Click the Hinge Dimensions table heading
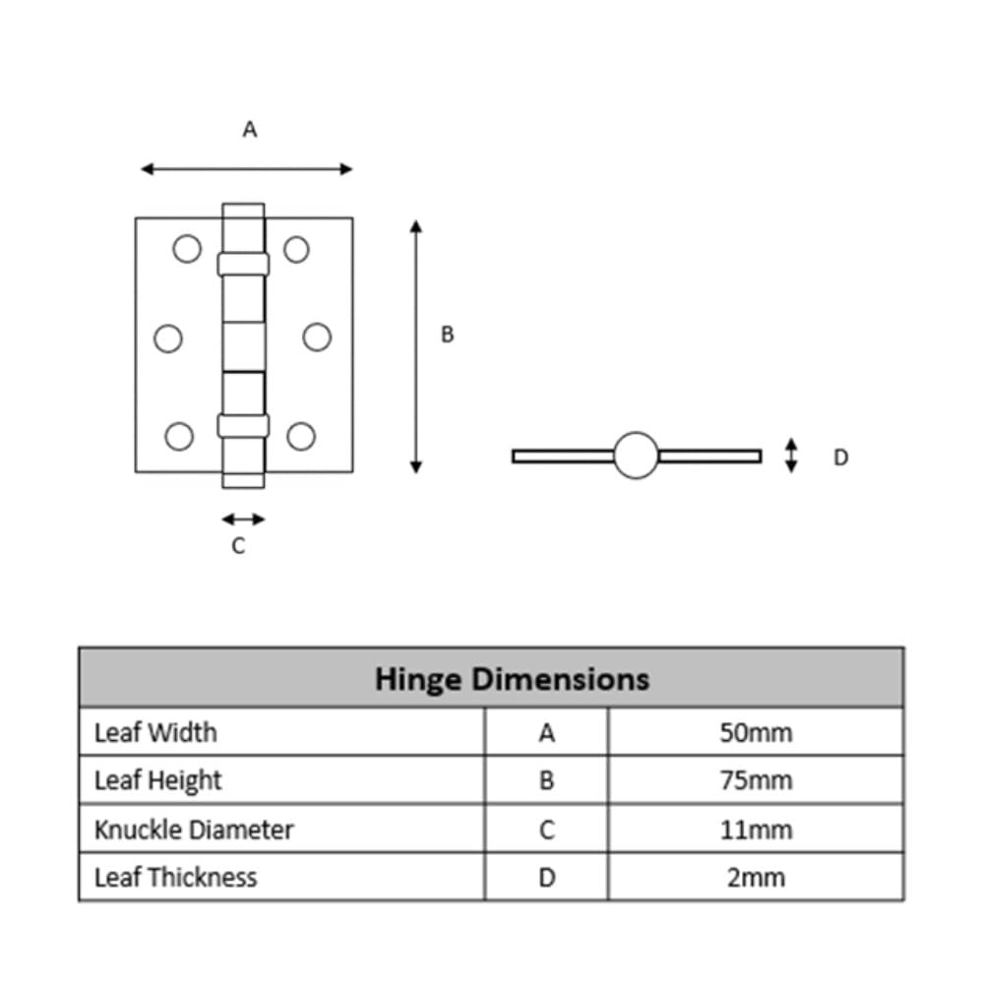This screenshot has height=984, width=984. (512, 679)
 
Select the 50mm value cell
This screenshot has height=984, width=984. (756, 732)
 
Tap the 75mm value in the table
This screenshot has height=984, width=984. (756, 780)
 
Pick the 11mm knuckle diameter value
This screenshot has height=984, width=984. (756, 830)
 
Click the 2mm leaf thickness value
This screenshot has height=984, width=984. (756, 878)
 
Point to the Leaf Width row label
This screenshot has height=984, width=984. (155, 732)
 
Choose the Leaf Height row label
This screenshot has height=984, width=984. (157, 780)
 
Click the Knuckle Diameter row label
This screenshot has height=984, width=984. (194, 830)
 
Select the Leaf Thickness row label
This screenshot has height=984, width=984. (176, 878)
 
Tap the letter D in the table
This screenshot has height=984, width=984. (546, 878)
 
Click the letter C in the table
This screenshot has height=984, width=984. (546, 830)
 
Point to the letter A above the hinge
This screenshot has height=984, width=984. (250, 129)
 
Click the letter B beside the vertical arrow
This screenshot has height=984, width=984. (447, 335)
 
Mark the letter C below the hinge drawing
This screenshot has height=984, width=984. (238, 545)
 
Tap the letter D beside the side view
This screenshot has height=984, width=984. (840, 457)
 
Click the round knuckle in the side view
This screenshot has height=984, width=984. (636, 455)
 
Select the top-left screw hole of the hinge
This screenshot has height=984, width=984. (187, 249)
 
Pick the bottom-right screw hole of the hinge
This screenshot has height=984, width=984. (300, 436)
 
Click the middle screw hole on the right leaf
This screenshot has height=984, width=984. (317, 337)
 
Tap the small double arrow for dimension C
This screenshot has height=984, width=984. (243, 519)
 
